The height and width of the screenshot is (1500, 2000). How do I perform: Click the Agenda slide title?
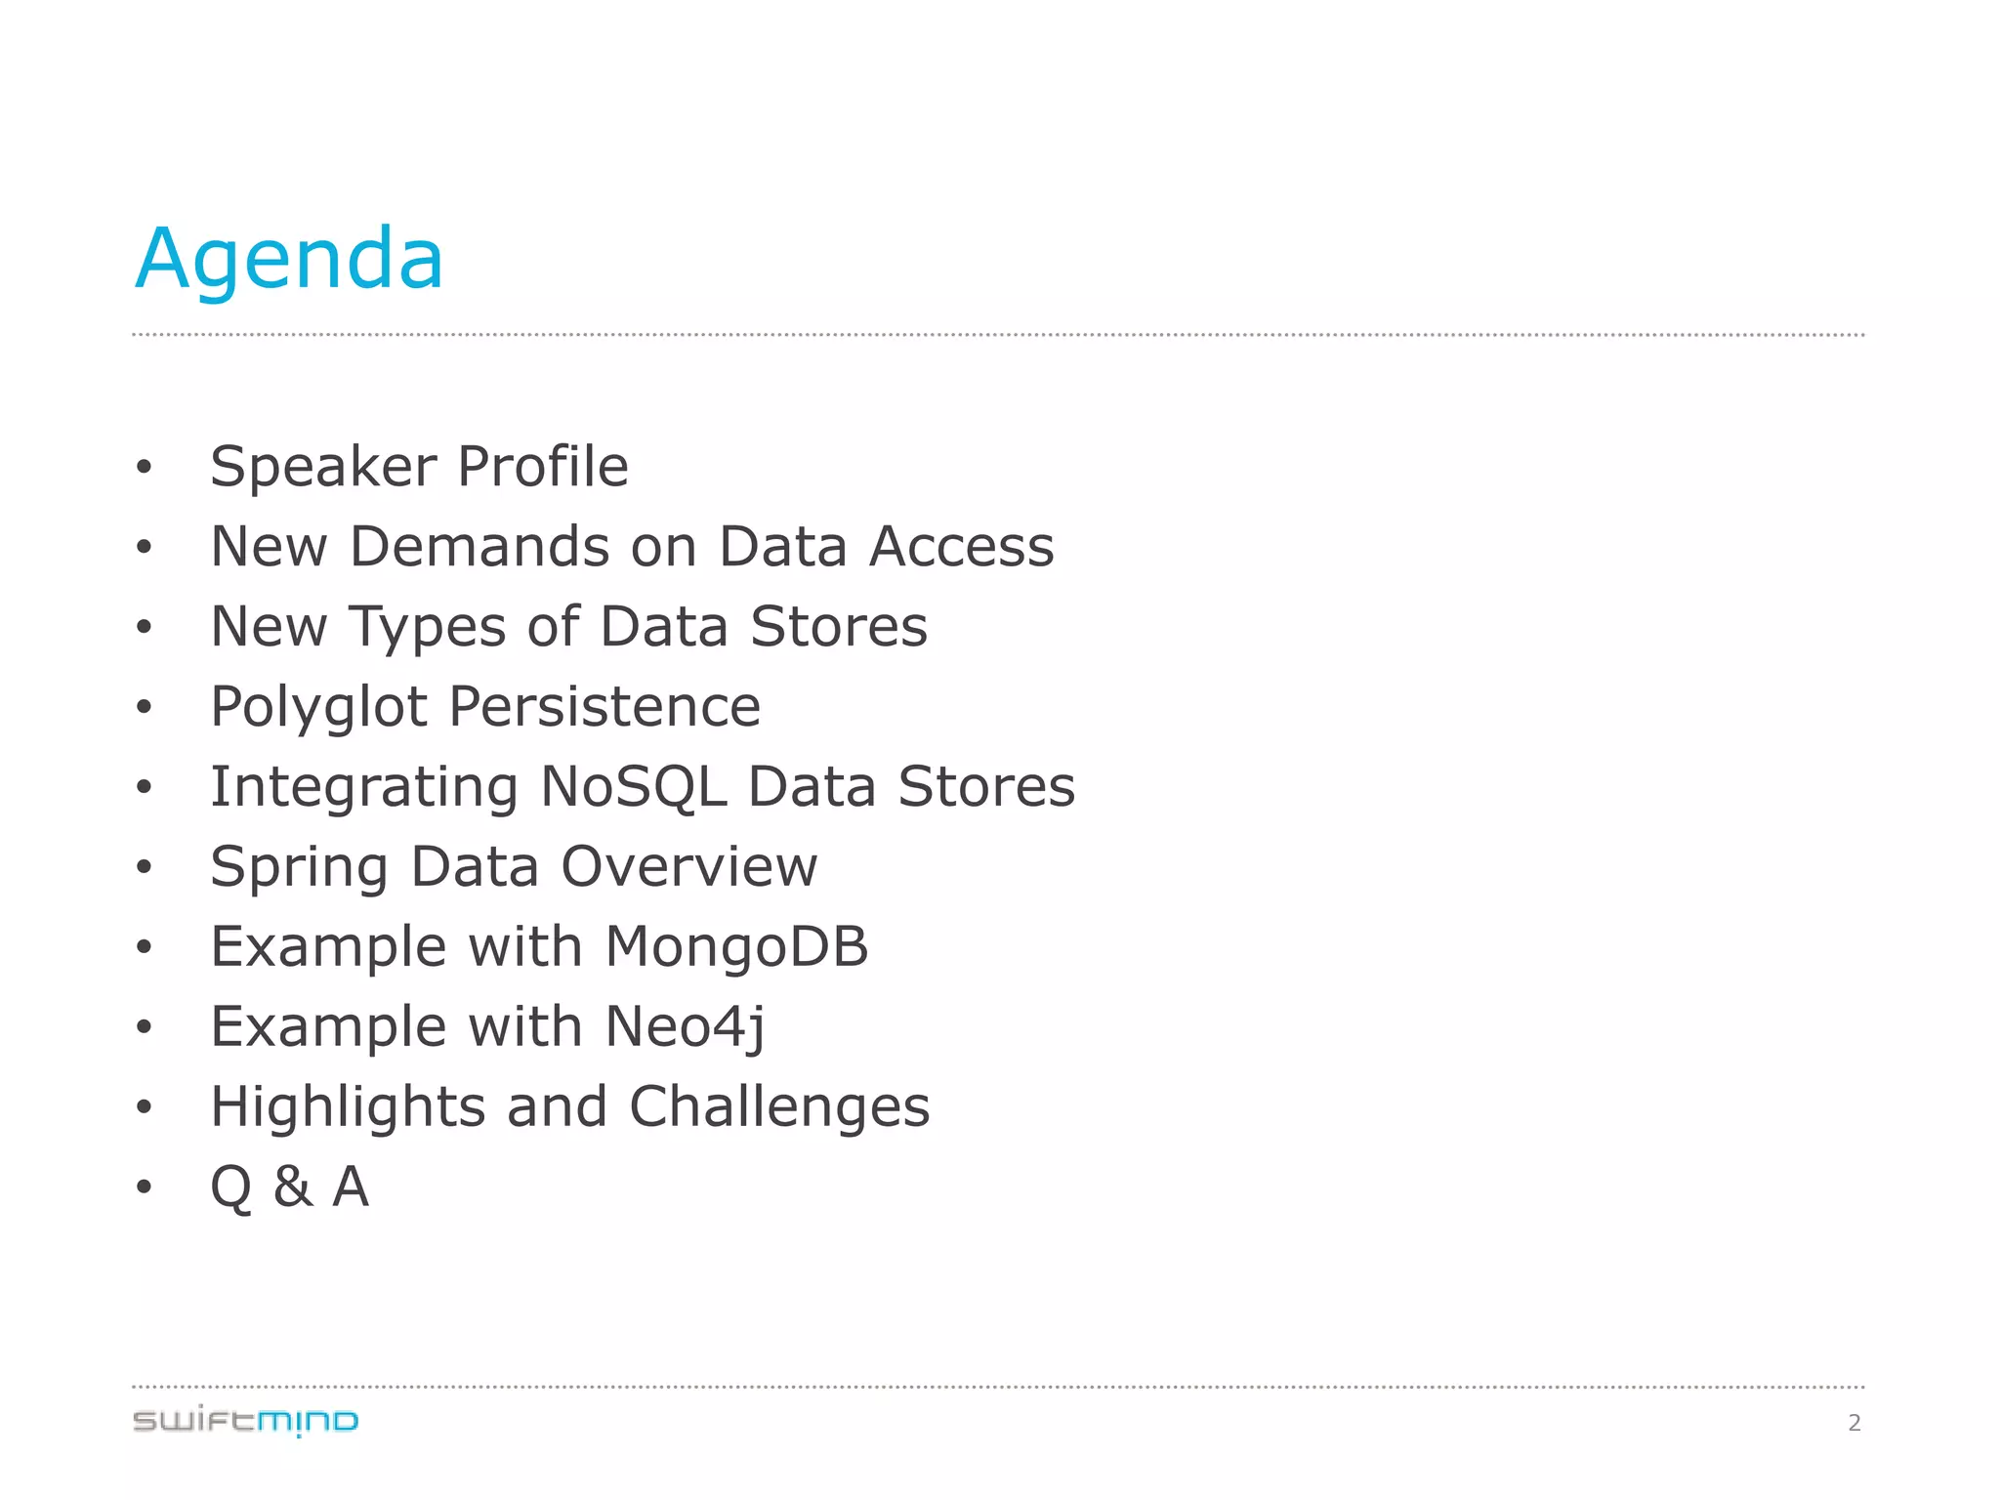(x=289, y=260)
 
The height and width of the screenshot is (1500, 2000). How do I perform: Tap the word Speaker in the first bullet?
(x=323, y=467)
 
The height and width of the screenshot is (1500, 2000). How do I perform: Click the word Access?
(x=962, y=547)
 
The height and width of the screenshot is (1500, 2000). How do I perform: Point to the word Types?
(x=428, y=628)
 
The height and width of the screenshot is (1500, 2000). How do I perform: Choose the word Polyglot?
(x=318, y=708)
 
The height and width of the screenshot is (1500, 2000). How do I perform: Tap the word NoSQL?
(x=633, y=787)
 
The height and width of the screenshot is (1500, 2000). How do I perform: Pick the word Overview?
(x=688, y=867)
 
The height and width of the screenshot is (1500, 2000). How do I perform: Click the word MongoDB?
(x=736, y=947)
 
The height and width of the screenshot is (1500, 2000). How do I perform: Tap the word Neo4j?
(x=685, y=1028)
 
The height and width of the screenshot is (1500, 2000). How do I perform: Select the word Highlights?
(x=348, y=1108)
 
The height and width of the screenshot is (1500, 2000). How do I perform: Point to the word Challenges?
(x=779, y=1108)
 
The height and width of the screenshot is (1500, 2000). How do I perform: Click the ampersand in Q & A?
(x=293, y=1187)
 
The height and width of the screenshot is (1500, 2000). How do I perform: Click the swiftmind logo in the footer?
(x=245, y=1421)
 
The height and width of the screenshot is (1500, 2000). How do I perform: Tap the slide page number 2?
(x=1854, y=1423)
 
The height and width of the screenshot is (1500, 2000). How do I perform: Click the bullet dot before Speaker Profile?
(x=145, y=468)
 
